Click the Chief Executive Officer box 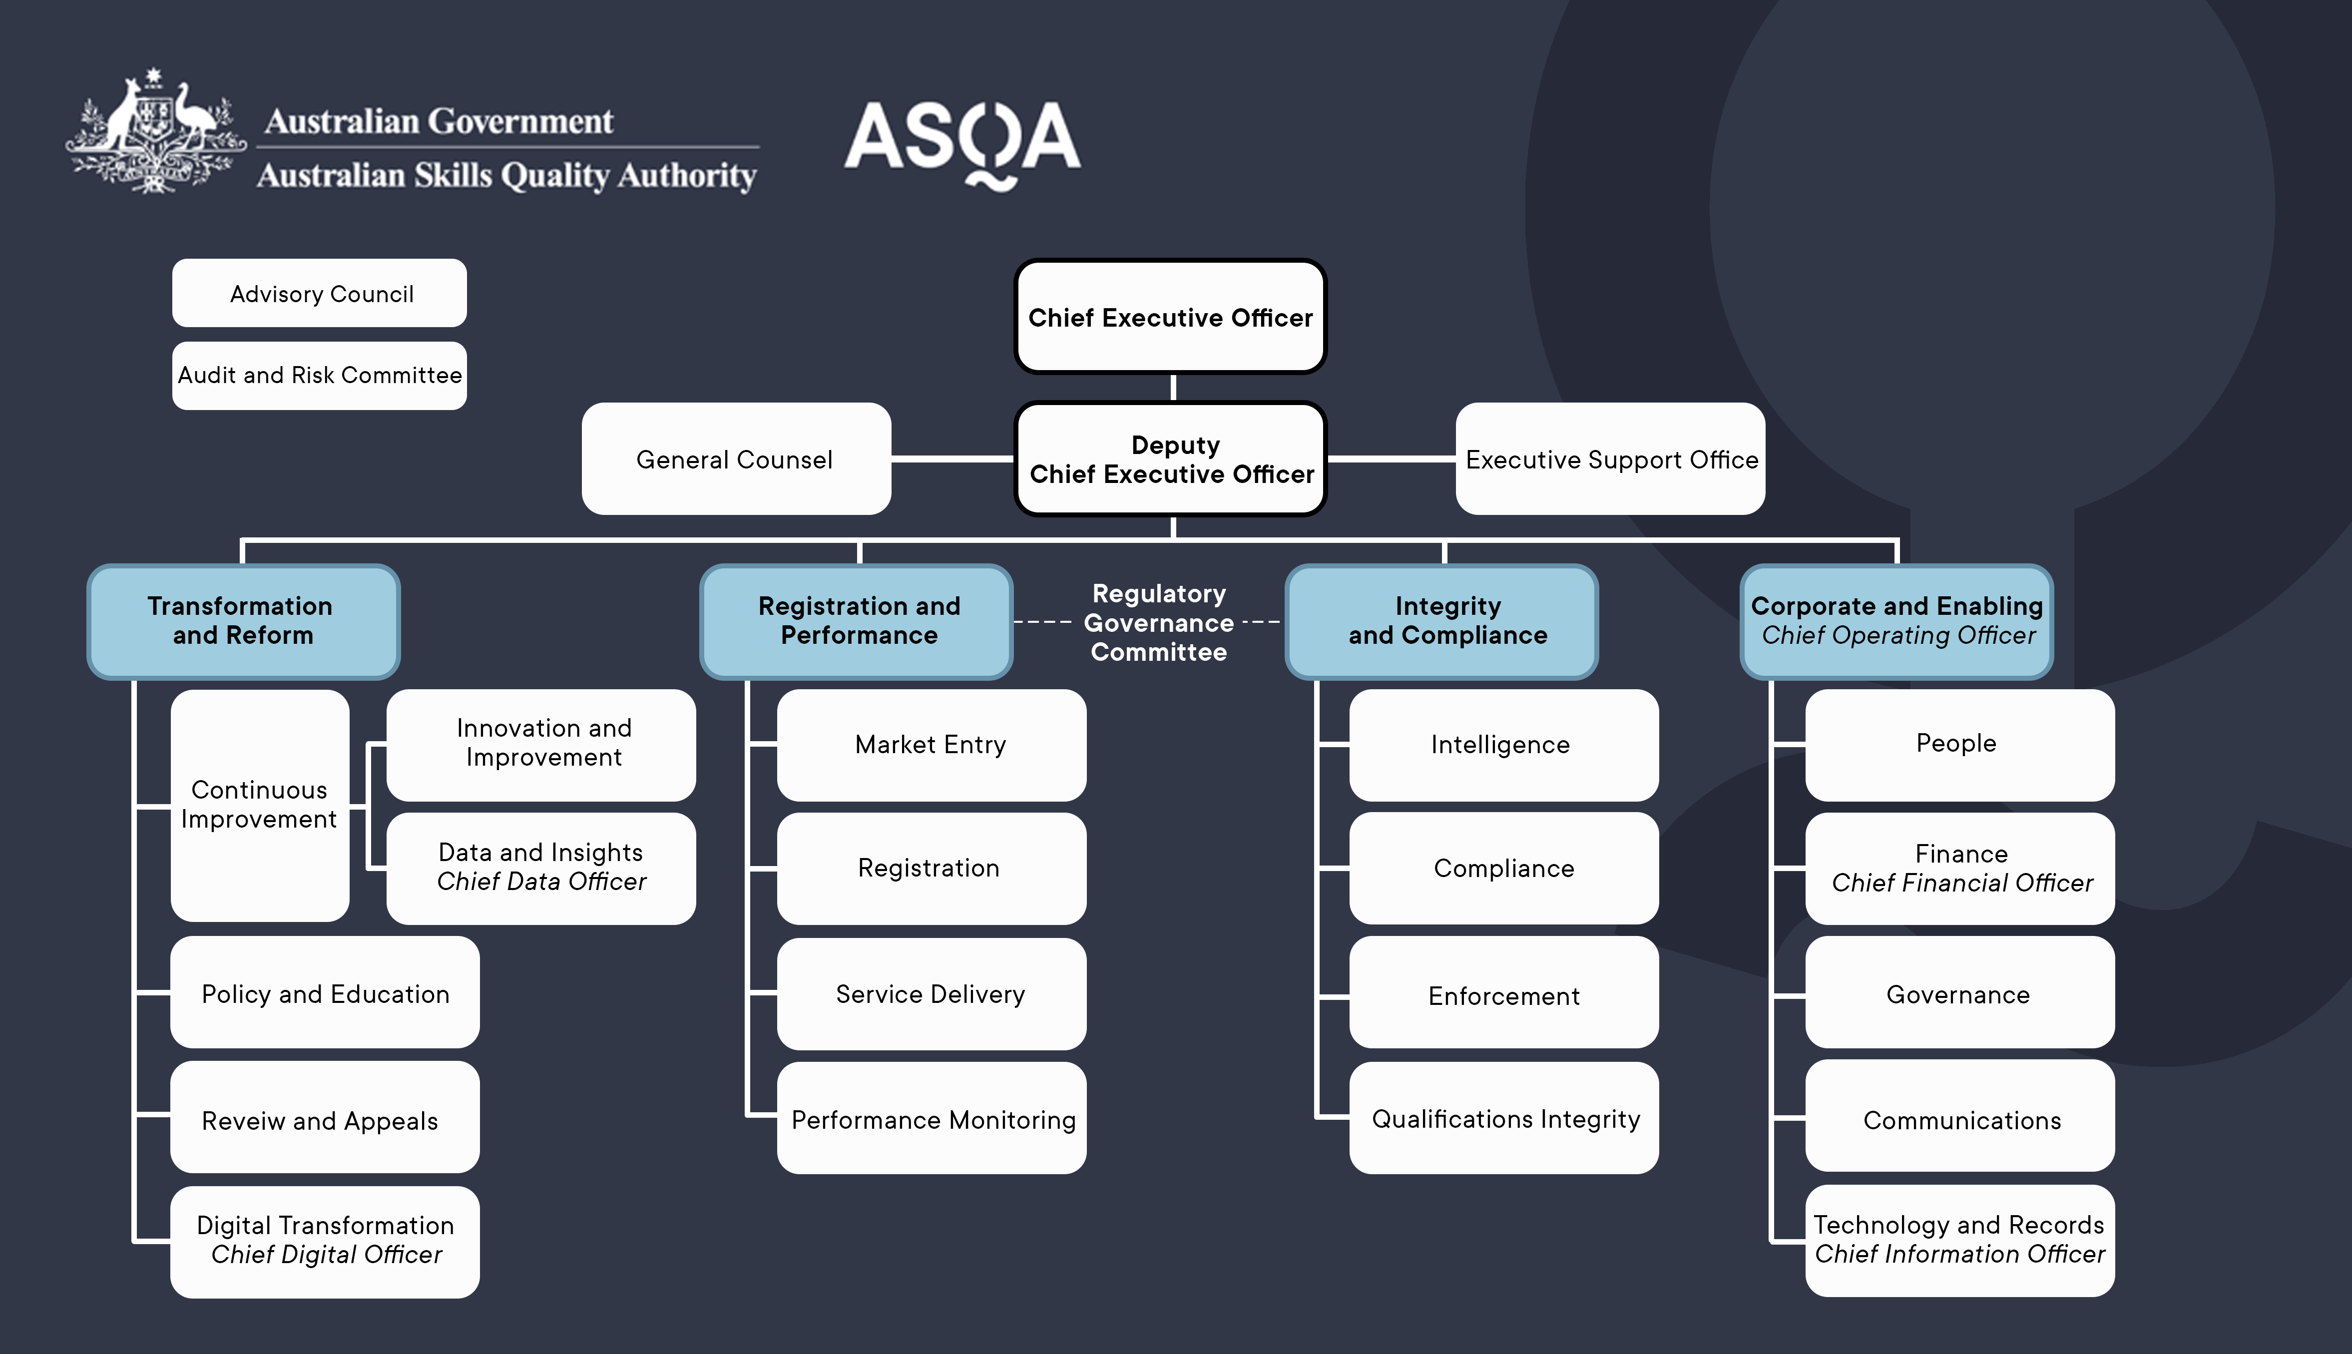click(1170, 317)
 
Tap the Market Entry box click(931, 744)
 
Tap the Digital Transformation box click(325, 1241)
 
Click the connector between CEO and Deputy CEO click(1173, 387)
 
